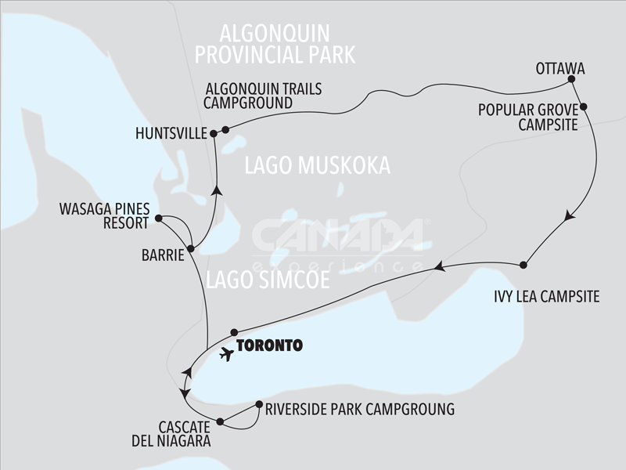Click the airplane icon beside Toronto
tap(227, 354)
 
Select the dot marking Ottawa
tap(571, 80)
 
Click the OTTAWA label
tap(560, 67)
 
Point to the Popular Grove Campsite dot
tap(583, 107)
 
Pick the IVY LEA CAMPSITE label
tap(546, 296)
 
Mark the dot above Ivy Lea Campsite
tap(523, 265)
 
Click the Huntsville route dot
tap(213, 135)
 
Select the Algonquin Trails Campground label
tap(262, 96)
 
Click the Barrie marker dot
tap(190, 249)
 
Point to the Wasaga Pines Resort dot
tap(158, 219)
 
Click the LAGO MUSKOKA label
tap(317, 165)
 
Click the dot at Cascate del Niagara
tap(220, 422)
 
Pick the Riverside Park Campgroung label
tap(359, 409)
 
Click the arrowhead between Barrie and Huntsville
tap(218, 188)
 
